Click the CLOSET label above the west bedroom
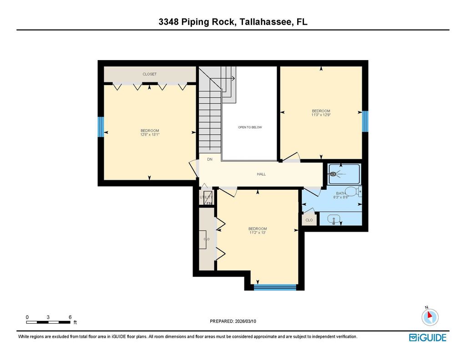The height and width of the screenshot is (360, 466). click(149, 74)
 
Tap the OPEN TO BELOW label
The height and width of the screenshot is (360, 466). click(250, 127)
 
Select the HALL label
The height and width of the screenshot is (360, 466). click(261, 174)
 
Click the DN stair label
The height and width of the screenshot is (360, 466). click(210, 159)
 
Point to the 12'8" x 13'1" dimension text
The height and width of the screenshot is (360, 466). click(150, 135)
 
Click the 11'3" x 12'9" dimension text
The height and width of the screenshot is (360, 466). click(321, 115)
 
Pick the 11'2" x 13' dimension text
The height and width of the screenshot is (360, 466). click(258, 233)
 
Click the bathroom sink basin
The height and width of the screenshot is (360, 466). click(334, 219)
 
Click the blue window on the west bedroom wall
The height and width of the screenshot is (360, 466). click(101, 127)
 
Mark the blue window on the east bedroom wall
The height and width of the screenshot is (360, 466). click(365, 121)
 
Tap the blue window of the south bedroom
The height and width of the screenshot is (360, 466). click(275, 287)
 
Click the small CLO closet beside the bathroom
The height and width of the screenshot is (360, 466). click(309, 220)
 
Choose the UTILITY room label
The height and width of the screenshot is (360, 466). click(206, 197)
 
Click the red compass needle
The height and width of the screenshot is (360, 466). click(429, 315)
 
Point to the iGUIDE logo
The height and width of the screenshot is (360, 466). click(428, 338)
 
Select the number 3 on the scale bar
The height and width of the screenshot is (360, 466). click(48, 317)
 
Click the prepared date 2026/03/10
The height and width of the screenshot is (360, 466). click(245, 321)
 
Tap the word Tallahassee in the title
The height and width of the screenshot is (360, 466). click(265, 22)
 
